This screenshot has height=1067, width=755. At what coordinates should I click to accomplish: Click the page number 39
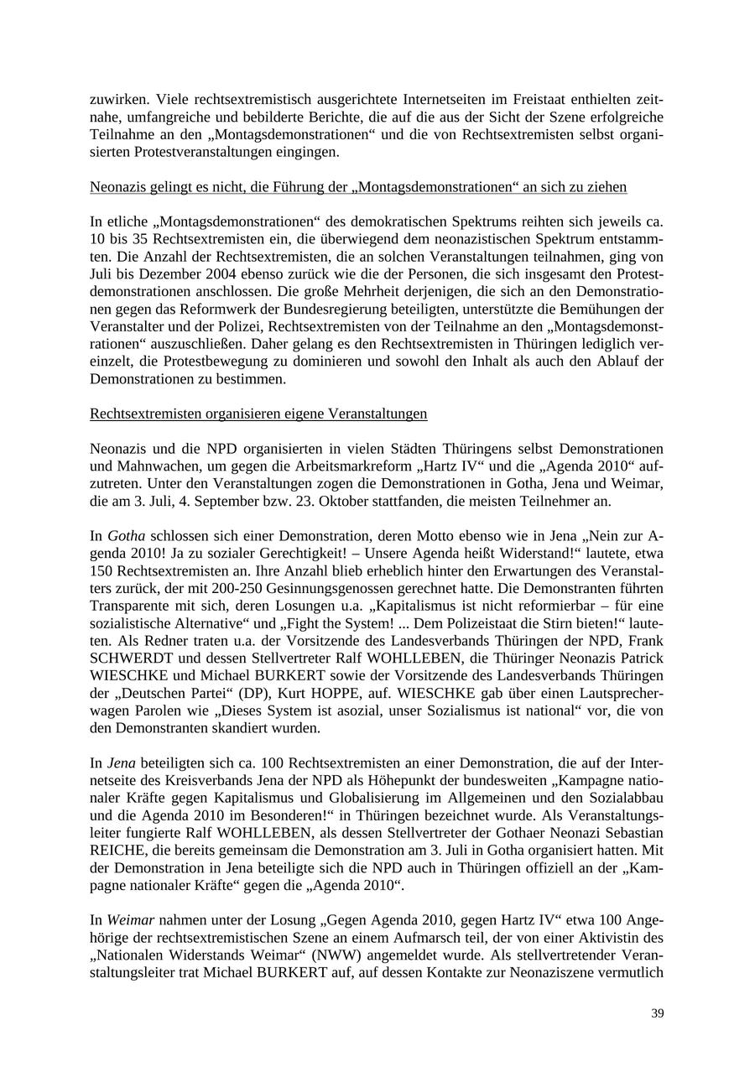click(x=657, y=1013)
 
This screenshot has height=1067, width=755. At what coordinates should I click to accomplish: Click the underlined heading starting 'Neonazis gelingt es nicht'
click(x=358, y=186)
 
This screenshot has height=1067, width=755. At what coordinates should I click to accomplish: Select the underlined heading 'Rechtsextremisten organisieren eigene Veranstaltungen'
click(x=258, y=414)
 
